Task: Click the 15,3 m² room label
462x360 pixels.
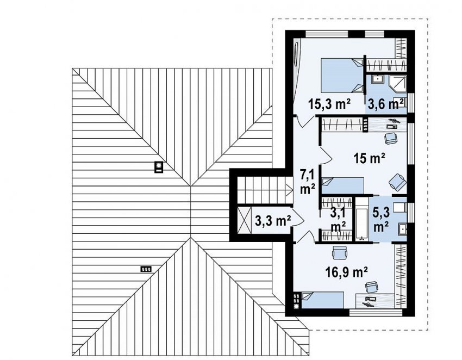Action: [x=329, y=104]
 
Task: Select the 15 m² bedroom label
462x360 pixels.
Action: [x=370, y=159]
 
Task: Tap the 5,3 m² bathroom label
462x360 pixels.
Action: [x=381, y=220]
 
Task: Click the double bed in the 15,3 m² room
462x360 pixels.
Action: [x=341, y=76]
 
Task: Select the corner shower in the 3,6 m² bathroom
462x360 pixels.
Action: [x=398, y=83]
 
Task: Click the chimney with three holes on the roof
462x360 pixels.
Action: [x=146, y=269]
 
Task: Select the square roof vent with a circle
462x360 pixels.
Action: [x=159, y=167]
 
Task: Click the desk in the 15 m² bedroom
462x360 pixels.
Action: [x=388, y=124]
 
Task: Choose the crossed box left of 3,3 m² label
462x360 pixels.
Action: [x=244, y=220]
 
